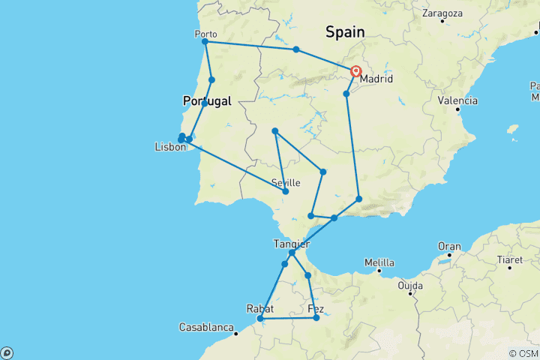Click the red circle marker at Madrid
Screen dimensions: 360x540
(x=355, y=71)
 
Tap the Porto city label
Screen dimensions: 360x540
(x=205, y=34)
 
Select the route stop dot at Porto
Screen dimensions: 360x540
(x=205, y=42)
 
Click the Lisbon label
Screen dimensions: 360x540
(x=169, y=148)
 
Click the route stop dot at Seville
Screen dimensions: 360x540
(x=286, y=191)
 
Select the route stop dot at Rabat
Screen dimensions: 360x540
(x=260, y=319)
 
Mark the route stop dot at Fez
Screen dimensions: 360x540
(x=316, y=318)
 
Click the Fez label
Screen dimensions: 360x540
(x=316, y=308)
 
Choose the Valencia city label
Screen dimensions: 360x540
(x=458, y=100)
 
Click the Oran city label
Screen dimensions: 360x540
(x=449, y=246)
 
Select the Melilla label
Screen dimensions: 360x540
(x=379, y=262)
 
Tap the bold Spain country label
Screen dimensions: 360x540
(x=345, y=31)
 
